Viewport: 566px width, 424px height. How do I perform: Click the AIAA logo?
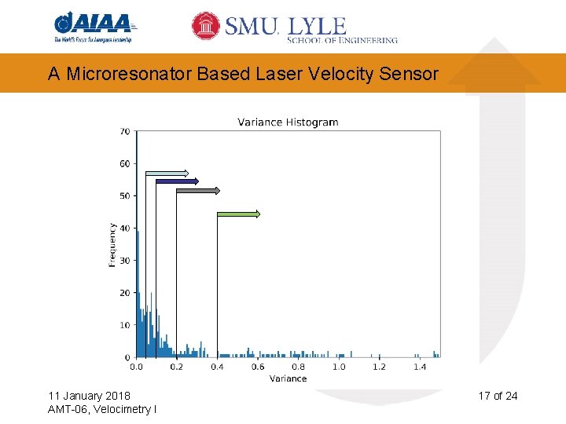click(94, 27)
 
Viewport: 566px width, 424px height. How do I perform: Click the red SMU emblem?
click(206, 26)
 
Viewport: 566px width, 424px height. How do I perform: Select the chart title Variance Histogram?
click(288, 122)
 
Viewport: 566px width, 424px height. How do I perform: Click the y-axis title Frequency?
click(112, 244)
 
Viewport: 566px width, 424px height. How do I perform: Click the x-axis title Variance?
click(288, 378)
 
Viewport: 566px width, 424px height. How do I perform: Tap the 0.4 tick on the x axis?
click(217, 367)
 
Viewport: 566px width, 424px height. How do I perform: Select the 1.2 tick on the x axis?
click(379, 367)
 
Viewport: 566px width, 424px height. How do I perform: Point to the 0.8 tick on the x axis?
click(298, 367)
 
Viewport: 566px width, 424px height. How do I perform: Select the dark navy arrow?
click(177, 181)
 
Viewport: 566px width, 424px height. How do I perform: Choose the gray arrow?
click(198, 191)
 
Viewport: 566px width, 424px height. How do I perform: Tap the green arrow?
click(237, 214)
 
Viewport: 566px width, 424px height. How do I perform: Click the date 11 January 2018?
click(89, 395)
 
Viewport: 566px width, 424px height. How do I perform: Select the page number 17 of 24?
click(498, 395)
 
